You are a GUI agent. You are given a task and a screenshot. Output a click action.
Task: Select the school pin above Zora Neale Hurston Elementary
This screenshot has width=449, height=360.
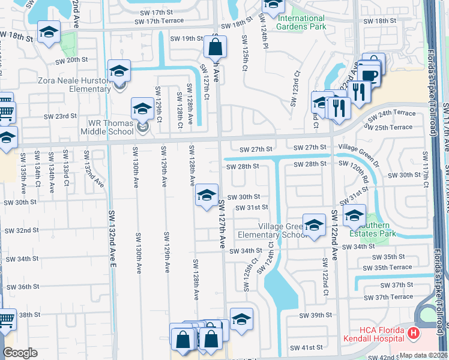click(119, 71)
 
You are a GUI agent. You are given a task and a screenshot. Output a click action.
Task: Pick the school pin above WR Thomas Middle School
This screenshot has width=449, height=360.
click(142, 108)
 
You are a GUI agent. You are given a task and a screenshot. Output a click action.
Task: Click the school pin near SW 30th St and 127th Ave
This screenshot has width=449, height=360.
click(206, 195)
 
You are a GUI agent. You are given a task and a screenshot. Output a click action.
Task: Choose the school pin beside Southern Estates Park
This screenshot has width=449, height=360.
click(354, 215)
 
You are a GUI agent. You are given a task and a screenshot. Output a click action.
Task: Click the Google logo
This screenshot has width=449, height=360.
click(20, 353)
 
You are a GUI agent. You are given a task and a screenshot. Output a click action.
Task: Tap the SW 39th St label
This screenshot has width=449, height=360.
click(316, 315)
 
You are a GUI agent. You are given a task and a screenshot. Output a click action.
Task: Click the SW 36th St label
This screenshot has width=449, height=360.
click(28, 287)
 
